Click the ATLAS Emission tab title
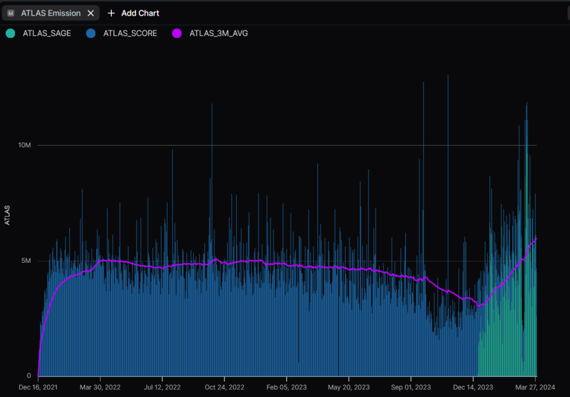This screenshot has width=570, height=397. point(51,13)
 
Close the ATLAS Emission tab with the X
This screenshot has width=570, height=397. point(91,13)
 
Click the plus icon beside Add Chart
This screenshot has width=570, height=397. point(111,13)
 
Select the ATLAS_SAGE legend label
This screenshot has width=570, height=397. point(47,33)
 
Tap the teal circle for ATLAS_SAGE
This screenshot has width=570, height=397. point(10,33)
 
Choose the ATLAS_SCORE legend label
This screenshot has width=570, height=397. point(130,33)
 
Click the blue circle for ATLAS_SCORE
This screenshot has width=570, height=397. point(91,33)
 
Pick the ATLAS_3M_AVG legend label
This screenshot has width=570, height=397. point(219,33)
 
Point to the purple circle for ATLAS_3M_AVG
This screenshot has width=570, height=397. point(177,33)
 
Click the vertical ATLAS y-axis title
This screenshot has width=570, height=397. point(7,215)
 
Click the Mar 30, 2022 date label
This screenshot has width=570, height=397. point(100,386)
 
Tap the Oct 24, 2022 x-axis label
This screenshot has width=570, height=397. point(225,386)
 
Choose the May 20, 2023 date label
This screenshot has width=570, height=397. point(349,386)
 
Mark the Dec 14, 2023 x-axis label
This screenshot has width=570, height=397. point(473,386)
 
